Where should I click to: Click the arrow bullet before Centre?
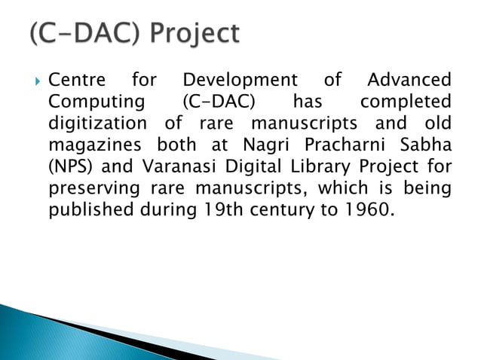(35, 80)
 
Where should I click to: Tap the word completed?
(406, 101)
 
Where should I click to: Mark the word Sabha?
(427, 143)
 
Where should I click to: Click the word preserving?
(92, 186)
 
